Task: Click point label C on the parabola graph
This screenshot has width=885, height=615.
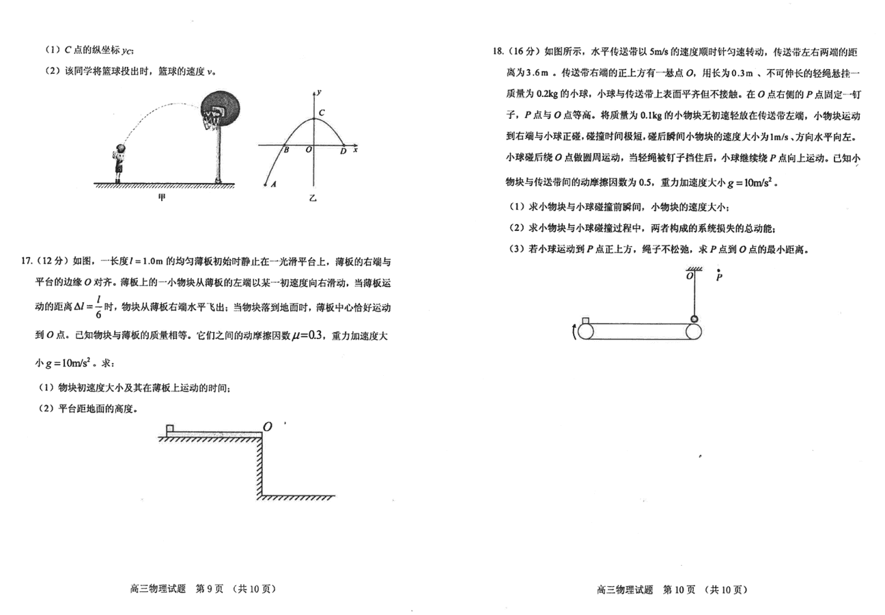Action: (322, 113)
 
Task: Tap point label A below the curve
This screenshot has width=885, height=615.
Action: (273, 184)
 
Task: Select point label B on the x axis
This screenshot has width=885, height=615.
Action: (286, 150)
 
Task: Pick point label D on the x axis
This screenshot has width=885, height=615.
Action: (343, 151)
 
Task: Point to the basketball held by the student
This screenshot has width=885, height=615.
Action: (122, 148)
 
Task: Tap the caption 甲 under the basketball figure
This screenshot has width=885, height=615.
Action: (162, 197)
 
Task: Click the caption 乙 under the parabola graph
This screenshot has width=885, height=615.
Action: (313, 198)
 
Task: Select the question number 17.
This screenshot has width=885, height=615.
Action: (27, 261)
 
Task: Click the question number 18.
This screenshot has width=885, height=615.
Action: (498, 51)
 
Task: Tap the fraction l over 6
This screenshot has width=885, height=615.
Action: (98, 307)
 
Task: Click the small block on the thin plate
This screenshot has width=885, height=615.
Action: (170, 428)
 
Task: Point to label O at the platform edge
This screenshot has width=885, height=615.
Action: (268, 426)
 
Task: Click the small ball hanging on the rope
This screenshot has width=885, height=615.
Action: (694, 318)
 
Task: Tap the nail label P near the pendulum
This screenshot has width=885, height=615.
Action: (719, 276)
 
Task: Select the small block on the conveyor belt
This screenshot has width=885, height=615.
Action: (585, 320)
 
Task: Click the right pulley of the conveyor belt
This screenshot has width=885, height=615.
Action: (693, 331)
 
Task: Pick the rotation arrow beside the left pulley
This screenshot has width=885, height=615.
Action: (574, 331)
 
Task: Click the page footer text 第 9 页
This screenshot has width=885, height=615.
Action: (210, 589)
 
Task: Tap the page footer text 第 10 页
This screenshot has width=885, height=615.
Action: (679, 590)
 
